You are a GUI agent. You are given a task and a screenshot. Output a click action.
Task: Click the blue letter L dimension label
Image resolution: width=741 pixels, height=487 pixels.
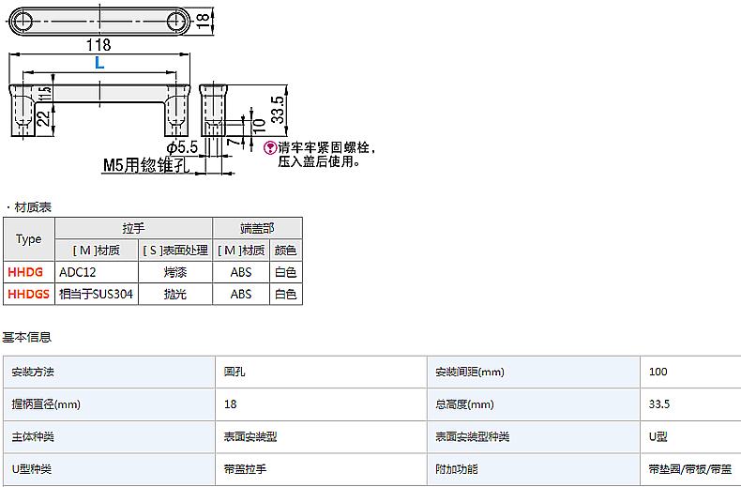99,63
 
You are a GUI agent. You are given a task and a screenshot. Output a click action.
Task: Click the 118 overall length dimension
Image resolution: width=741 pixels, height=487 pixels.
98,44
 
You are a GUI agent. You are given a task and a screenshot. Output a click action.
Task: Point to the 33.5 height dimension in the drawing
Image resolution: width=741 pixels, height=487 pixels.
278,110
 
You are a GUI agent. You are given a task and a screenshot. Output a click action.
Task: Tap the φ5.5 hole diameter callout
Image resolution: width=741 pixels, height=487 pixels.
181,147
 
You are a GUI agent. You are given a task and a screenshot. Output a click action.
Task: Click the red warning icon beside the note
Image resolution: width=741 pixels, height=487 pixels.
271,148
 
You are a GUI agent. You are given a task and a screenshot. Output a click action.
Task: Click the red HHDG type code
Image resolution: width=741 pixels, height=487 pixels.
26,272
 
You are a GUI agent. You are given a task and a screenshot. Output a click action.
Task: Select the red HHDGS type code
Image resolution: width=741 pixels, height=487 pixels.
29,294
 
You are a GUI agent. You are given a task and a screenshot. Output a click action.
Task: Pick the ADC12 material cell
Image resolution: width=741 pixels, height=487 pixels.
78,272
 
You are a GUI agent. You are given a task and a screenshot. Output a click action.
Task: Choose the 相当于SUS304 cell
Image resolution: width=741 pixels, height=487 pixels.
96,294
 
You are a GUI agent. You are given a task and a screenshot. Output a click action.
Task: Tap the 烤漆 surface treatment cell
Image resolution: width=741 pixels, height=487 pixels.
174,272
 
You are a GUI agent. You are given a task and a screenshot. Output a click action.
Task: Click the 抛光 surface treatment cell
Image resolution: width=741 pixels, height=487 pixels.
174,294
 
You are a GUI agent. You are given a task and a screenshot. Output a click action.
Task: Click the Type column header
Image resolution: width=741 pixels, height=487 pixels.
29,239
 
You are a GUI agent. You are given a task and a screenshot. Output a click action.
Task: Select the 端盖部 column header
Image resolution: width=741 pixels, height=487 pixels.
257,228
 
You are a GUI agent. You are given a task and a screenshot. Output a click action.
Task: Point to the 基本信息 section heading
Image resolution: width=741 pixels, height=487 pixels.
26,337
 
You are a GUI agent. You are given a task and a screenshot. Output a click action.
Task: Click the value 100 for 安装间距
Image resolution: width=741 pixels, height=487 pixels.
658,373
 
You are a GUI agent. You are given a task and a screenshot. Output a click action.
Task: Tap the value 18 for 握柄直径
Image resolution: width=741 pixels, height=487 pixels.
231,404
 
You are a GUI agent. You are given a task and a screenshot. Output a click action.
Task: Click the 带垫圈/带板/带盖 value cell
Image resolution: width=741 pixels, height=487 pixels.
689,469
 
